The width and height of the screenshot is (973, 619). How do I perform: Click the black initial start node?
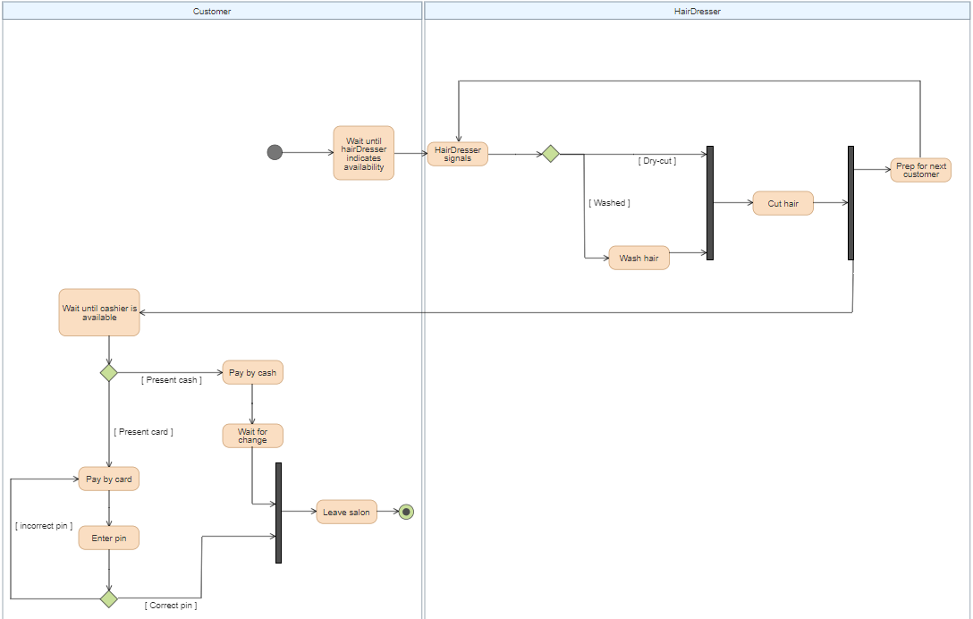(275, 152)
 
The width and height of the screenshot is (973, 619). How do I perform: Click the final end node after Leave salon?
(406, 513)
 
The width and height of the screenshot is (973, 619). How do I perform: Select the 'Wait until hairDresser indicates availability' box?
(364, 153)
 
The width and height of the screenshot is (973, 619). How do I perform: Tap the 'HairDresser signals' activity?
(457, 154)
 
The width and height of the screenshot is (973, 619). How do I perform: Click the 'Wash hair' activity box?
(639, 258)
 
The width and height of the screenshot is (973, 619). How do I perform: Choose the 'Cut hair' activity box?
(783, 203)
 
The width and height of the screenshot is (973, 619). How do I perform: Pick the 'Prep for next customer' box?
(920, 170)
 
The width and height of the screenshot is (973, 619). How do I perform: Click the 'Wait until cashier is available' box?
(99, 312)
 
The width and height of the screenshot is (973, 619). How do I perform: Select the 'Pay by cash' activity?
(252, 372)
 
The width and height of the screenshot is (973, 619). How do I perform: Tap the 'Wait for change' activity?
(252, 436)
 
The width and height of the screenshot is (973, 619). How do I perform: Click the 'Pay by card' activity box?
(108, 479)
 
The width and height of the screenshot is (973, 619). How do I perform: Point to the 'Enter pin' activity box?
(108, 538)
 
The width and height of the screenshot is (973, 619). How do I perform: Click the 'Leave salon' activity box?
(346, 512)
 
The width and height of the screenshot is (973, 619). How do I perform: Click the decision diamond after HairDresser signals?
(550, 154)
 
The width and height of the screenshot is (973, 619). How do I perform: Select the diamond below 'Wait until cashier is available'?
(108, 372)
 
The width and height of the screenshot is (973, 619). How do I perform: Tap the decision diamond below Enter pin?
(108, 598)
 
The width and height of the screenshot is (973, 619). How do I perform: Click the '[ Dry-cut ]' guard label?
(657, 161)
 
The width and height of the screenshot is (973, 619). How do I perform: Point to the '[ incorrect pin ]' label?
(44, 526)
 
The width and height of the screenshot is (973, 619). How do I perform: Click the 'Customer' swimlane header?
(212, 11)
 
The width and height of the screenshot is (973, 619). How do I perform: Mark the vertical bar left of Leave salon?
(278, 513)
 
